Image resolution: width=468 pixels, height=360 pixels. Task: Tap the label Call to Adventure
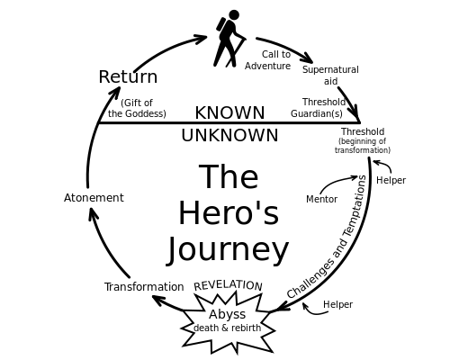(268, 60)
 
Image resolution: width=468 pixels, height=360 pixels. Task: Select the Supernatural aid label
(330, 76)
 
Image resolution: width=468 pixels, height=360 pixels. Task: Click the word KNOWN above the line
(229, 112)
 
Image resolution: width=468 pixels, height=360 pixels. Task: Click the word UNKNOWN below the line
(229, 136)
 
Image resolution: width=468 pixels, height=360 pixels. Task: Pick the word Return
(128, 77)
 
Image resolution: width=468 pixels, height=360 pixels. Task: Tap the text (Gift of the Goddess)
(137, 109)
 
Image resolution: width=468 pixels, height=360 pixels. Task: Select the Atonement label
(94, 198)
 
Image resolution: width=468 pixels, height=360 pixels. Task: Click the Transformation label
(144, 287)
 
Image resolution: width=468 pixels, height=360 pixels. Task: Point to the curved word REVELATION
(229, 285)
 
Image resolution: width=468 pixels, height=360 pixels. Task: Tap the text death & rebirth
(227, 328)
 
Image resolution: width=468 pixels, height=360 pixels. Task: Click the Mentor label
(321, 200)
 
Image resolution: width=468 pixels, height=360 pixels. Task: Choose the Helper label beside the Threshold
(391, 181)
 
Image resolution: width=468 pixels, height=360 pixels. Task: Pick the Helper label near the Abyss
(337, 305)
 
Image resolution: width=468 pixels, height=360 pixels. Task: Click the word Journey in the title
(229, 249)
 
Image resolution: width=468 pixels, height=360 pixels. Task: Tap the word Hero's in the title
(229, 214)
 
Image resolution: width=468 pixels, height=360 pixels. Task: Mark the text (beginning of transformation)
(363, 146)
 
